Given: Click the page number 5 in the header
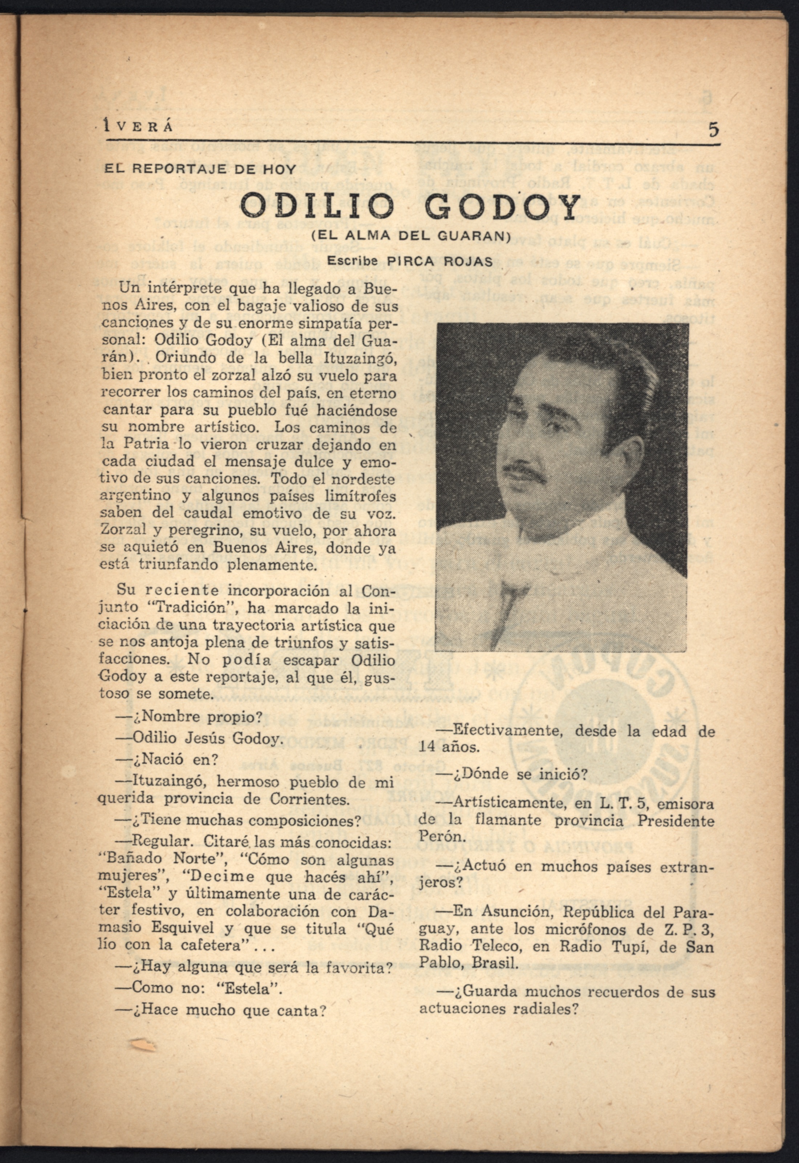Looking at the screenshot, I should coord(713,130).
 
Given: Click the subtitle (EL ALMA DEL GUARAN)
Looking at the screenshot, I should coord(410,236).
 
